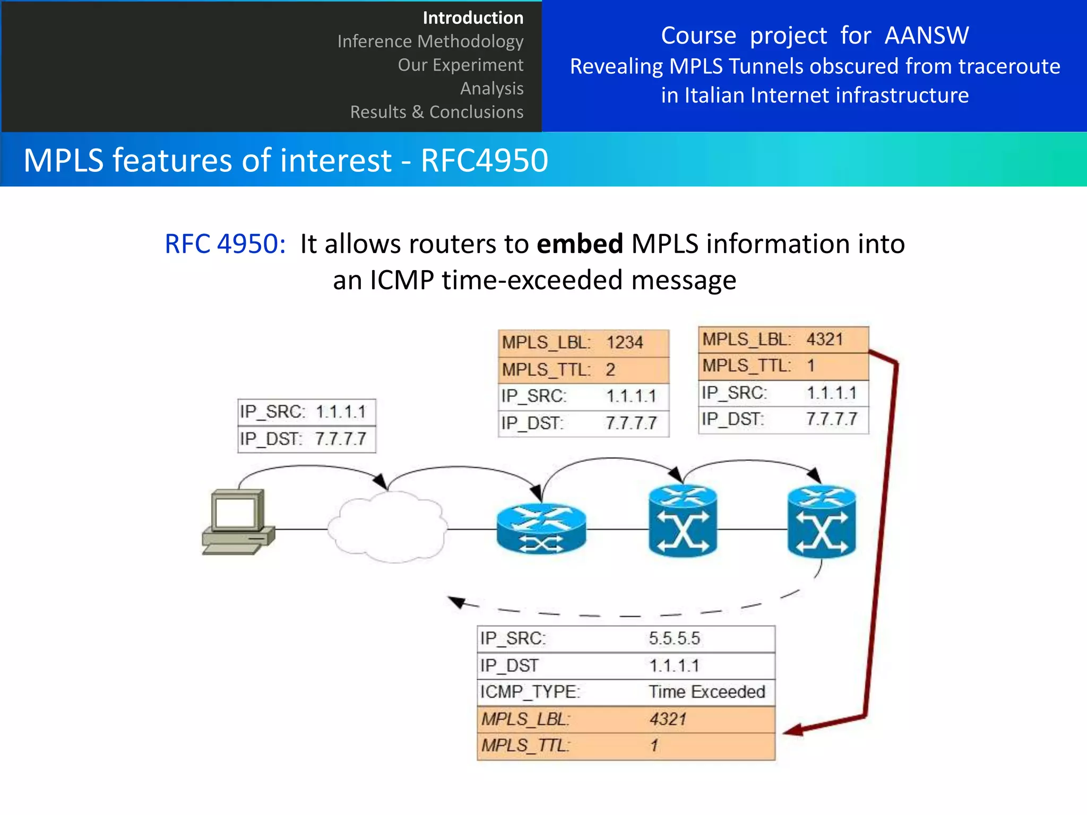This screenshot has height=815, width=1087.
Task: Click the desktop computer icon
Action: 238,522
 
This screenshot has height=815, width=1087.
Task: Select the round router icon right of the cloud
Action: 541,528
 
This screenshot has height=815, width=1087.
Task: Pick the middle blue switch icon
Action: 683,522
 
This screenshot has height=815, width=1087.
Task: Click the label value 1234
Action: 625,343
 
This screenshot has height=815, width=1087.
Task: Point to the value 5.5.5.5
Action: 674,638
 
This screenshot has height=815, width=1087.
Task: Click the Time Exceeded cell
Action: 706,692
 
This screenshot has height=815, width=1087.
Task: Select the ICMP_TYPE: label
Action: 530,692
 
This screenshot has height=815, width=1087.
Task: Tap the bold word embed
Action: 580,244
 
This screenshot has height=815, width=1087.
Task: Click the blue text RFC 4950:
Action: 225,244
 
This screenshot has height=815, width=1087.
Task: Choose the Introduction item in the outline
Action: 473,18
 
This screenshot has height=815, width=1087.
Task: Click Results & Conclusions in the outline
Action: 436,112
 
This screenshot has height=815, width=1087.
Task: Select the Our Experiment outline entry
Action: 460,65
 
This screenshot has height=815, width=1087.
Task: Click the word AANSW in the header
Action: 926,36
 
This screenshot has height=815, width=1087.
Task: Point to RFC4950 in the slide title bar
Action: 484,160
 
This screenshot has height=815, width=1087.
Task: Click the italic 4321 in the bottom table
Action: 668,719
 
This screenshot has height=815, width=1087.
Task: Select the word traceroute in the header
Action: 1009,66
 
